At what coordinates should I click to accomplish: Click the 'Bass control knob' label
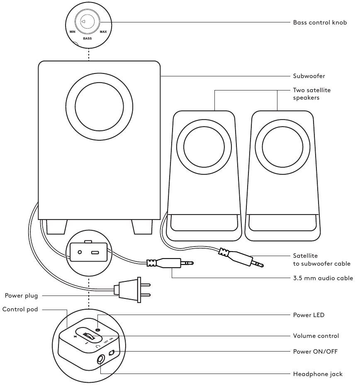[x=320, y=22]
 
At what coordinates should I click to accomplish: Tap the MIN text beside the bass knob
[x=73, y=32]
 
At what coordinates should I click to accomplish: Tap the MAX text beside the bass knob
[x=103, y=32]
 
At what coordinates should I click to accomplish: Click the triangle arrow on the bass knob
[x=83, y=22]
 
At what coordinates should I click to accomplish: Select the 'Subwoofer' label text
[x=309, y=76]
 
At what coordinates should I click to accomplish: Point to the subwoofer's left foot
[x=56, y=227]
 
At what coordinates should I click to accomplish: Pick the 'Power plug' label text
[x=21, y=296]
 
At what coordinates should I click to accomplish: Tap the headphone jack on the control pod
[x=101, y=360]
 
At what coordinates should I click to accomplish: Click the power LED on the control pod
[x=97, y=330]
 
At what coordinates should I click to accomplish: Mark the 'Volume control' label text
[x=316, y=336]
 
